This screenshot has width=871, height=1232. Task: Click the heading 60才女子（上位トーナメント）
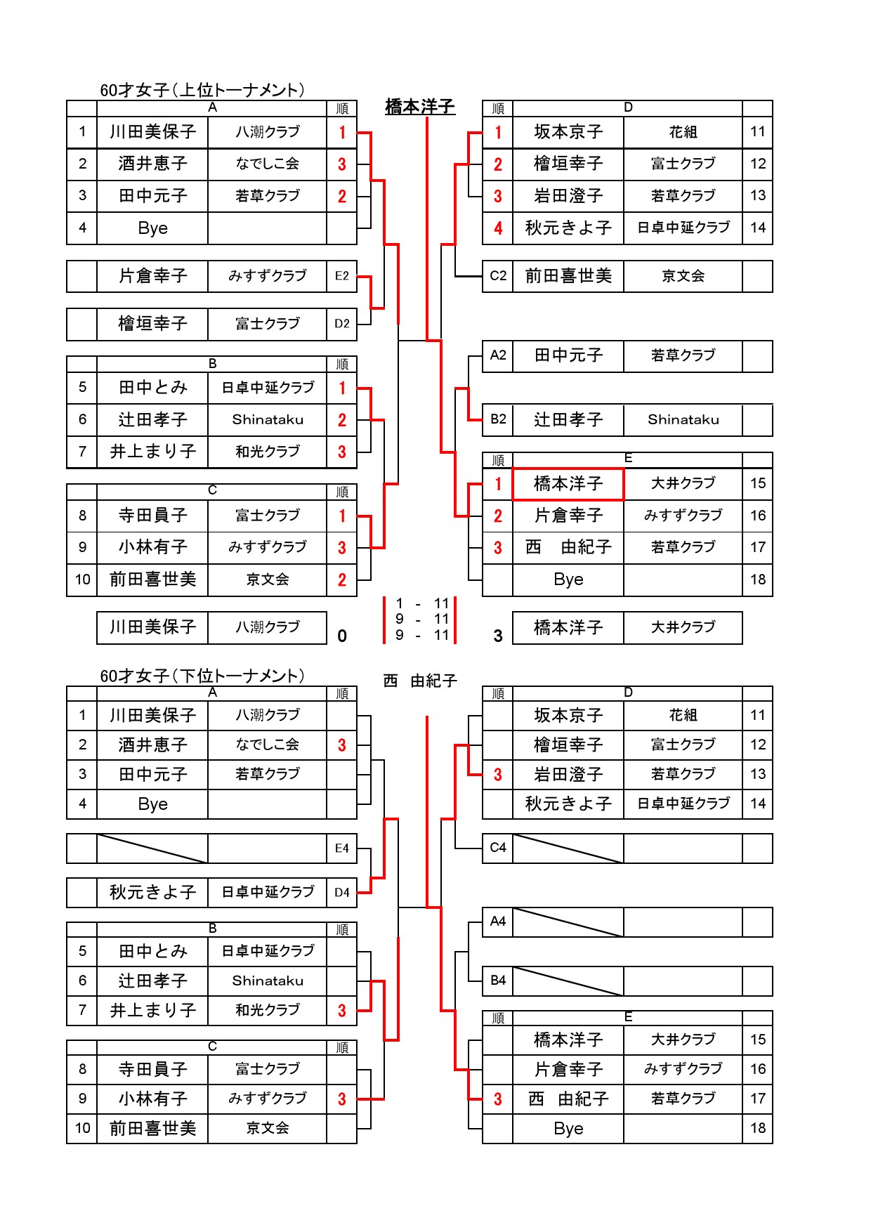point(202,90)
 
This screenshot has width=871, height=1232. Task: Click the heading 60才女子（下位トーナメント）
point(202,676)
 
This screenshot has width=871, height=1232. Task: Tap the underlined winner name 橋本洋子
point(420,107)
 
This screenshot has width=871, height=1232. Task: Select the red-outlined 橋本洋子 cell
point(568,484)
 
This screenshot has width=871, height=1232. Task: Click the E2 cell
point(342,276)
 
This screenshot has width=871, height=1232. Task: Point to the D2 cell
point(342,324)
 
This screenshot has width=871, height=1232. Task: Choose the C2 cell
point(498,276)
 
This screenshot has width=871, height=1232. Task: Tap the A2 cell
point(498,355)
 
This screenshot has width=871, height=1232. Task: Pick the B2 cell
point(498,419)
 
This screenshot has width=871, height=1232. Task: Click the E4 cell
point(342,848)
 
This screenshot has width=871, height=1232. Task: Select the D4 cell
point(342,893)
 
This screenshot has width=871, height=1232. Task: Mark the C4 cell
point(498,848)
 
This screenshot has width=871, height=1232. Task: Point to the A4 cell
point(498,922)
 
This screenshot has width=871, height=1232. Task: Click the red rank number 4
point(498,228)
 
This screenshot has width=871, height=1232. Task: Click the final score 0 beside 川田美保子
point(342,636)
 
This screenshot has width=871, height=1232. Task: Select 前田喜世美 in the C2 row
point(568,276)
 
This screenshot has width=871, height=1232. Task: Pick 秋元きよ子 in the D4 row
point(152,893)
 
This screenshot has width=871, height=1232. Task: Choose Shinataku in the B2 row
point(683,420)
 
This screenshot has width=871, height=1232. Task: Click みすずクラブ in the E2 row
point(268,276)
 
